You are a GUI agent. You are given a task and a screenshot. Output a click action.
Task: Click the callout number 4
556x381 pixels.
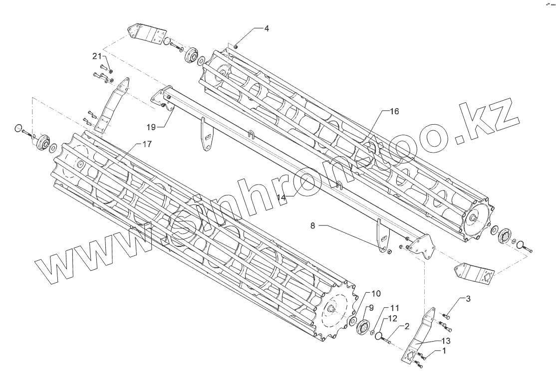267,28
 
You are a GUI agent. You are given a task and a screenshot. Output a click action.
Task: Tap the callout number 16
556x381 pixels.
394,112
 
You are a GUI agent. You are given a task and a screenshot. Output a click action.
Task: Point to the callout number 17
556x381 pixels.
146,145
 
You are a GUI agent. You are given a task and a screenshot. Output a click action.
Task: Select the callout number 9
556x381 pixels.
371,307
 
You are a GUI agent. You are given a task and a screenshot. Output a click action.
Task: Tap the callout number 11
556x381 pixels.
394,307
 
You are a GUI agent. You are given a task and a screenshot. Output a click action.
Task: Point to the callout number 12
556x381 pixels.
393,318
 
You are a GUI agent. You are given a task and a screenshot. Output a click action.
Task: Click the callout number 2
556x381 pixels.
407,327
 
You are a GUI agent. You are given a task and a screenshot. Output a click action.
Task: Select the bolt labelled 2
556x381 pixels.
387,341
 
